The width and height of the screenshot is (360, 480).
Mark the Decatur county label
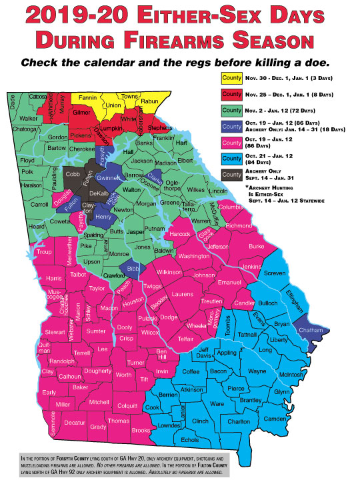pos(75,423)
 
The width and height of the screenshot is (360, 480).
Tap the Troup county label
pos(44,252)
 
